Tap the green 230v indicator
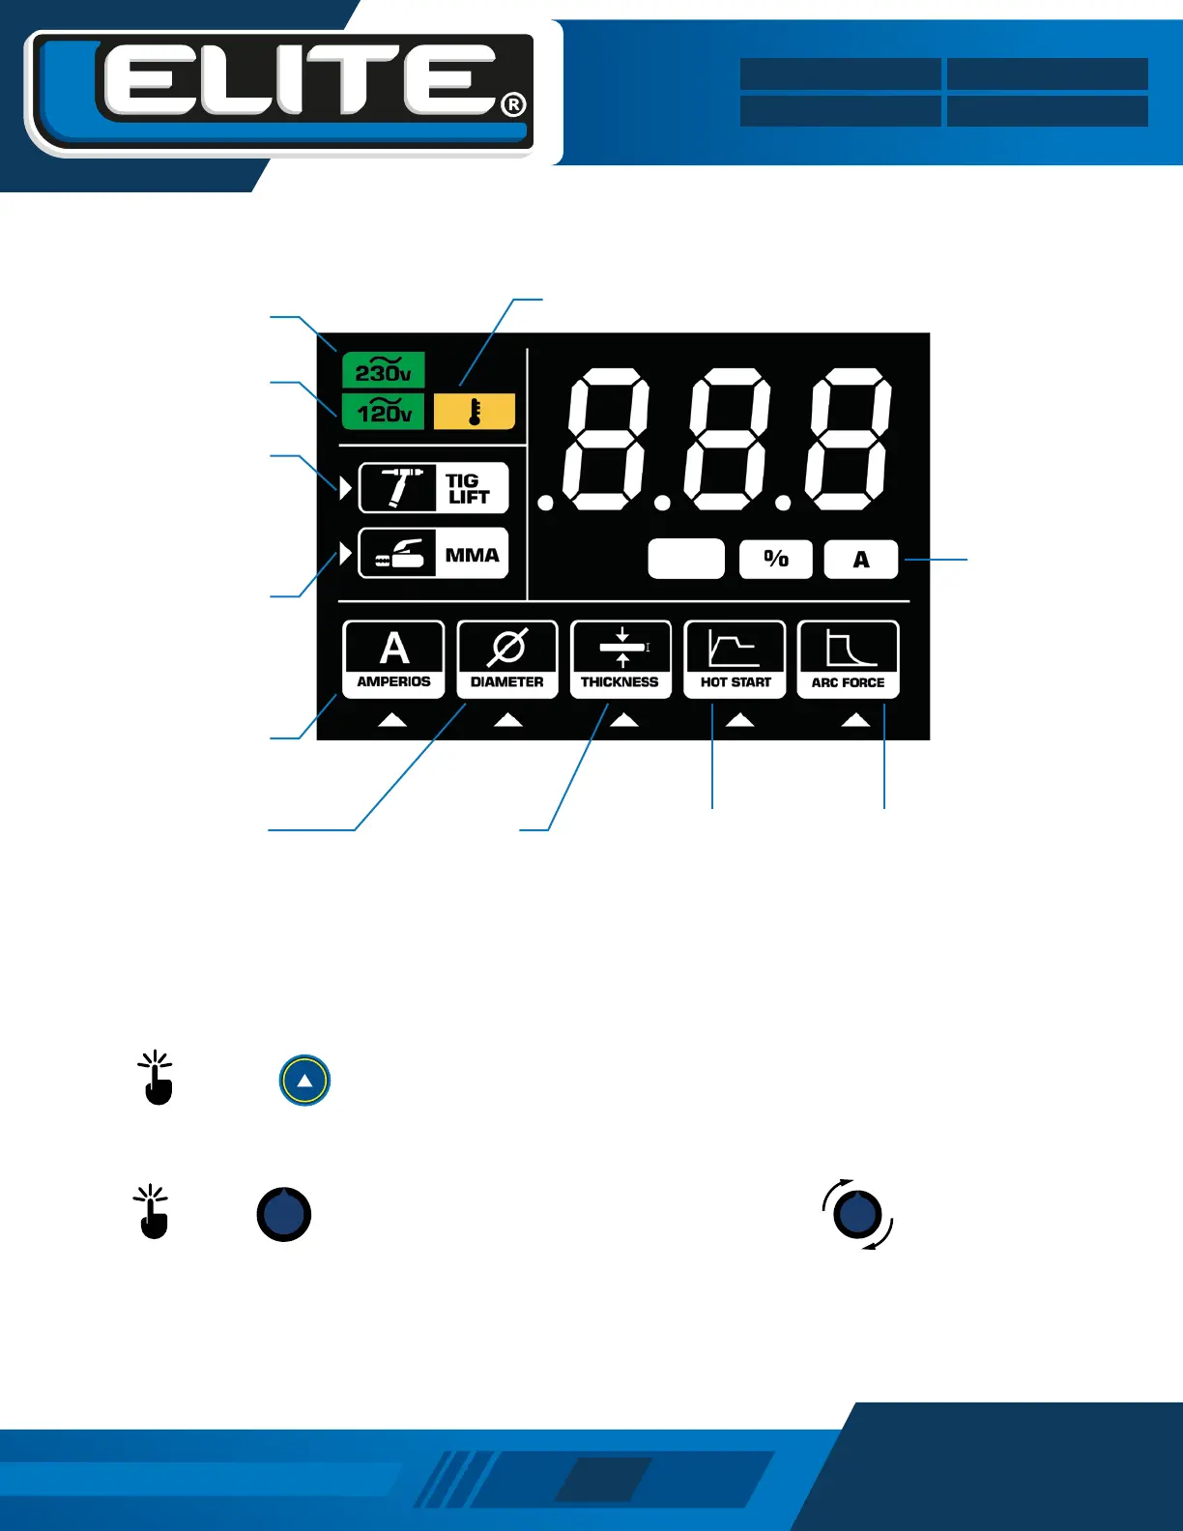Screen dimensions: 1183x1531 (x=383, y=370)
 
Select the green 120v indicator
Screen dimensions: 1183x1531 (x=383, y=412)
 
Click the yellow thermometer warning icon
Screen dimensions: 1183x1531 (x=475, y=412)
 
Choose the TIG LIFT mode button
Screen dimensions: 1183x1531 (x=433, y=488)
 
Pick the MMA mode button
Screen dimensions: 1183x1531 (x=433, y=554)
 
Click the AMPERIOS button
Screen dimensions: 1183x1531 (x=393, y=659)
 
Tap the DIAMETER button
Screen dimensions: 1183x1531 (x=507, y=659)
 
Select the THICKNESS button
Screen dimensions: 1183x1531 (x=620, y=659)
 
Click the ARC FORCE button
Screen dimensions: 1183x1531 (x=849, y=659)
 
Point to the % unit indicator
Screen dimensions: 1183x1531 (x=776, y=559)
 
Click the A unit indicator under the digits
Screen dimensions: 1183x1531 (x=861, y=559)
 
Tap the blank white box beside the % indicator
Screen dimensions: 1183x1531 (x=686, y=559)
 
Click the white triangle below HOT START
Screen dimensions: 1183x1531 (x=739, y=720)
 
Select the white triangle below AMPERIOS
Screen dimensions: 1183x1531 (x=392, y=720)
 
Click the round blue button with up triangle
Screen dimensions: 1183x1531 (x=304, y=1081)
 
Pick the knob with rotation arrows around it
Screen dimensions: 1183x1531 (x=858, y=1214)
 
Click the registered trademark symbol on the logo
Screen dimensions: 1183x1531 (x=514, y=104)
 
